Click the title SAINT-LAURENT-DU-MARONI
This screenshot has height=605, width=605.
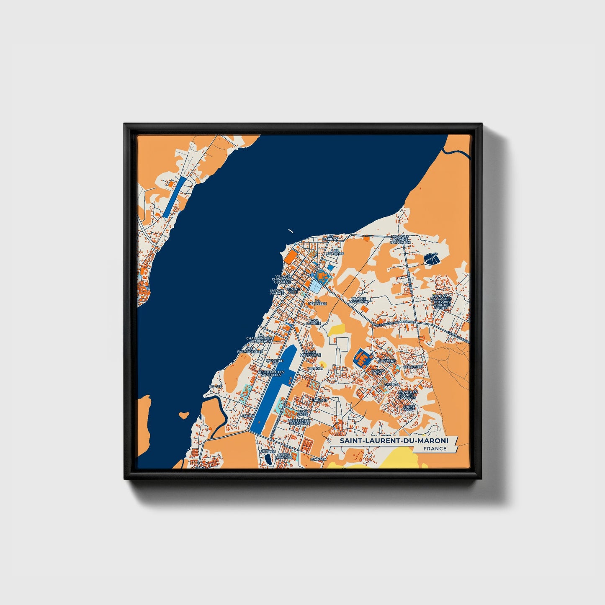click(x=393, y=441)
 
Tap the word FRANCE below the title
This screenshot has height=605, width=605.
click(x=435, y=448)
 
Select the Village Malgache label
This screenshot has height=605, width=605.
click(x=360, y=300)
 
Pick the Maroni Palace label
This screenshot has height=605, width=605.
click(x=277, y=292)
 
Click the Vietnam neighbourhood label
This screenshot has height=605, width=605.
click(x=315, y=368)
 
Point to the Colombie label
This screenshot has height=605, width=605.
click(x=413, y=367)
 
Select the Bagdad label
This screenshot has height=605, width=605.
click(x=319, y=400)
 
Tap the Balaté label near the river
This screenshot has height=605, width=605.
click(x=216, y=386)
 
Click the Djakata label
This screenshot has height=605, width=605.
click(x=319, y=459)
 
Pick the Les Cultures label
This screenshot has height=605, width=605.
click(x=335, y=252)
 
